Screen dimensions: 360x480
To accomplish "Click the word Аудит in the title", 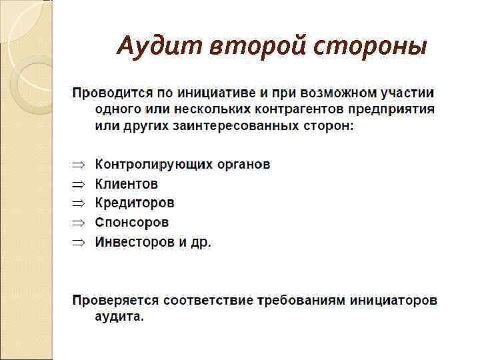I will pos(159,46).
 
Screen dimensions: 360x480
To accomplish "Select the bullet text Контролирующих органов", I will pos(183,164).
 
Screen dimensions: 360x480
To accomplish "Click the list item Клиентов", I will pos(127,183).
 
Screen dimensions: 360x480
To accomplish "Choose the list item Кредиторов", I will pos(135,203).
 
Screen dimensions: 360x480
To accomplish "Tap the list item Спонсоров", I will pos(132,222).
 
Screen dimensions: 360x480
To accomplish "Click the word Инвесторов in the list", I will pos(134,242).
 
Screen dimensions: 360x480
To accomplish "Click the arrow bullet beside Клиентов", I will pos(79,184).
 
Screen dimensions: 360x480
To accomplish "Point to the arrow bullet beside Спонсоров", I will pos(79,223).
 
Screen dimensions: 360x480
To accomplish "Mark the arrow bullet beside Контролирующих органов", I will pos(79,165).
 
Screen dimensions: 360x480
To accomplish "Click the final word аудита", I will pos(119,318).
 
